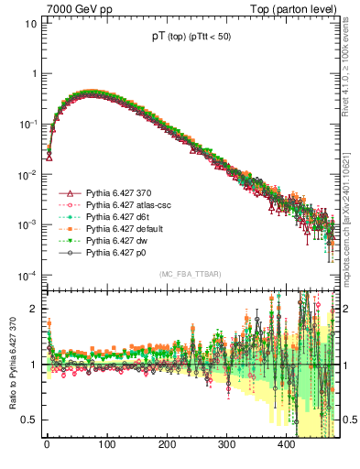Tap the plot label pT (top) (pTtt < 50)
tap(190, 38)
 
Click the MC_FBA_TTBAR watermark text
tap(190, 275)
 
